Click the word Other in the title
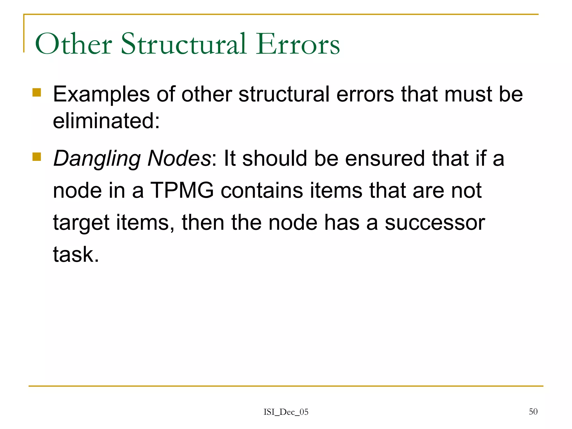pos(73,44)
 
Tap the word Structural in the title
pos(184,44)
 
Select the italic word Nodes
pos(179,158)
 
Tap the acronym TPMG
pos(182,190)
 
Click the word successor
pos(435,223)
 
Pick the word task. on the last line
pos(76,254)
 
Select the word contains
pos(262,190)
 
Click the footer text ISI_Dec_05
pos(286,412)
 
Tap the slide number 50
pos(533,411)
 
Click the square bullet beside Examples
pos(37,92)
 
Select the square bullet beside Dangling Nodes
pos(37,157)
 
